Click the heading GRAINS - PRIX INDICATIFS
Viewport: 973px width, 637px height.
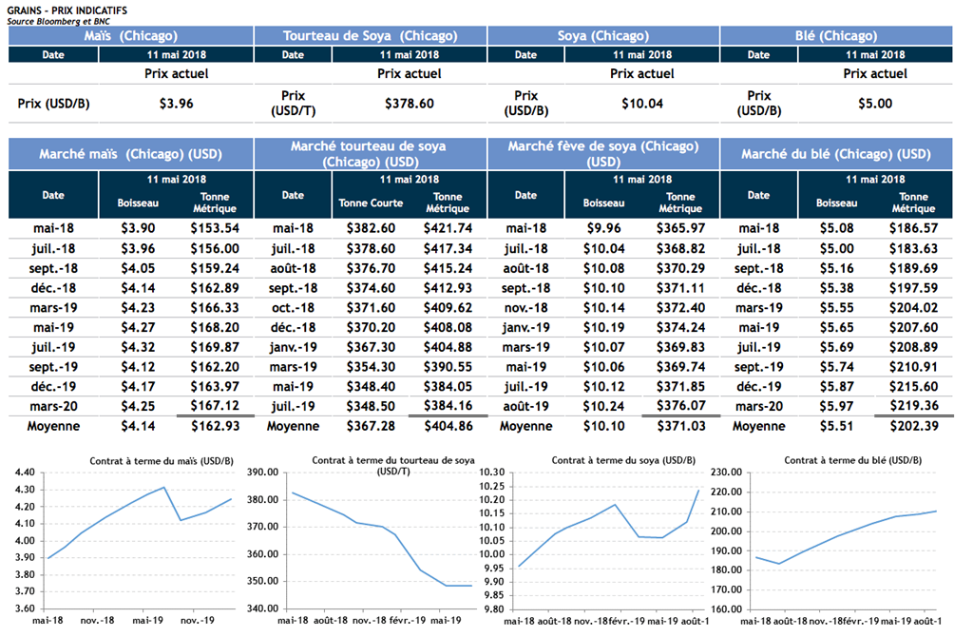click(x=66, y=9)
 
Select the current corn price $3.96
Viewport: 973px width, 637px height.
click(x=176, y=104)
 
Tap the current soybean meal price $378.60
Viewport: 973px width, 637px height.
click(x=410, y=104)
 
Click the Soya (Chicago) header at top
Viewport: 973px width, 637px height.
click(x=603, y=36)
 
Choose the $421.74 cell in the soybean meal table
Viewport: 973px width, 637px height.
click(x=448, y=228)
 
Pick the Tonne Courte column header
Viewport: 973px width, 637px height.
click(x=371, y=203)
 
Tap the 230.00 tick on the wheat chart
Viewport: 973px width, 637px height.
click(x=725, y=473)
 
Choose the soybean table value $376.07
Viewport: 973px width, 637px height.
click(x=680, y=406)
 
